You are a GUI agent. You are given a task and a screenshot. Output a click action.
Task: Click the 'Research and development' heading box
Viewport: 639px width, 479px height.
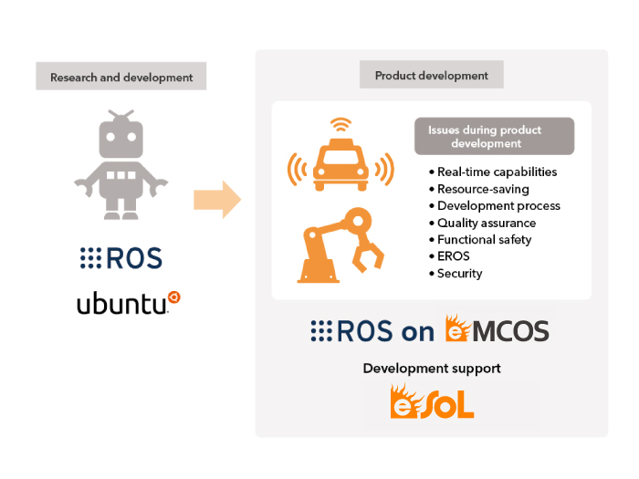(121, 76)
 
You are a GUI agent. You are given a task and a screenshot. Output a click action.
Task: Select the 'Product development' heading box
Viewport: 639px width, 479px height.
(432, 75)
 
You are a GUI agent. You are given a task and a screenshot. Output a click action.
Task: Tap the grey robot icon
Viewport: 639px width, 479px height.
(121, 164)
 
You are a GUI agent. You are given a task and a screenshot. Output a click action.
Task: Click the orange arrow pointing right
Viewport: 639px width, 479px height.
(217, 200)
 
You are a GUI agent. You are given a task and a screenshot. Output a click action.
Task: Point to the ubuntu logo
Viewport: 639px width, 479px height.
(129, 303)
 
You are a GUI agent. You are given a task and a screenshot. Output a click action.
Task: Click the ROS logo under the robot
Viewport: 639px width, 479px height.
(121, 258)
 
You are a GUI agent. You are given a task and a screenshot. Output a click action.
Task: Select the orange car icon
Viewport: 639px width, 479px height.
(340, 165)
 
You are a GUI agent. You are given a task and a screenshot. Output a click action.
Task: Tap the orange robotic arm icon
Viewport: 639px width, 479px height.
(340, 245)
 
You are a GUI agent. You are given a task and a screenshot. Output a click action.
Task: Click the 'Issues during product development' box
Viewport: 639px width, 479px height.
(495, 137)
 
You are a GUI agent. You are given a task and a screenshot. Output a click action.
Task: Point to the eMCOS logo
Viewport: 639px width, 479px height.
(498, 328)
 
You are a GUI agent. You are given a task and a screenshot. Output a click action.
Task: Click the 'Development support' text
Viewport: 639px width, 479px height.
(432, 369)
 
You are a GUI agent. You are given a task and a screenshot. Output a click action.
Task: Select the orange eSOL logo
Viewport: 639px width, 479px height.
(432, 401)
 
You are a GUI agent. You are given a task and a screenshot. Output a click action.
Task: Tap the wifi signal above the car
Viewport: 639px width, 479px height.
(340, 124)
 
